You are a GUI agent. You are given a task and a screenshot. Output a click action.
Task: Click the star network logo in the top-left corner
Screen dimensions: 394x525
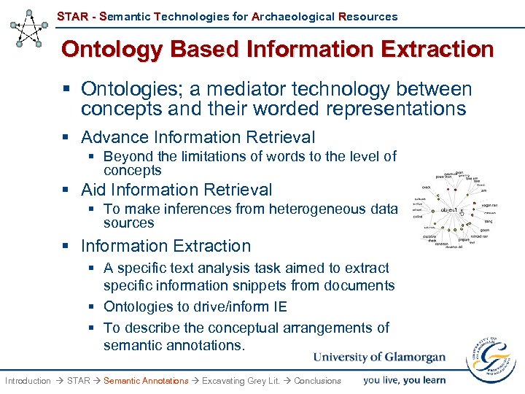(x=30, y=28)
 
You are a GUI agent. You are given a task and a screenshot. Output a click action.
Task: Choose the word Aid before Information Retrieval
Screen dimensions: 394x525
(x=94, y=190)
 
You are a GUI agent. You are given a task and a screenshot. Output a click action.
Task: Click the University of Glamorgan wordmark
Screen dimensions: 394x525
(x=379, y=357)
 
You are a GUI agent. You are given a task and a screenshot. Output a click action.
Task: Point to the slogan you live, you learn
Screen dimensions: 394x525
(x=404, y=379)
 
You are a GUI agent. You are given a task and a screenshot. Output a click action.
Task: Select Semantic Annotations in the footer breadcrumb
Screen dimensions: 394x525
(x=146, y=381)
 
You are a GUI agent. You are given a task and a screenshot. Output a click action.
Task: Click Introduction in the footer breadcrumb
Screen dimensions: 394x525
(x=28, y=381)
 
